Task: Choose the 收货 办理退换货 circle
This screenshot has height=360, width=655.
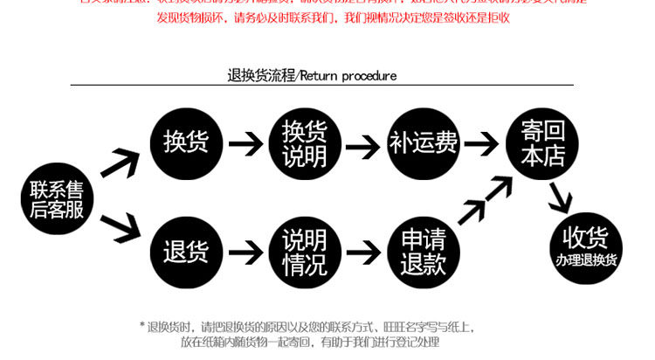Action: (x=585, y=246)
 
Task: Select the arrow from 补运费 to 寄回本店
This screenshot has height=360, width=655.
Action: (x=481, y=142)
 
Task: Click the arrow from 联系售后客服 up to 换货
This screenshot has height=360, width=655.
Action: (x=121, y=163)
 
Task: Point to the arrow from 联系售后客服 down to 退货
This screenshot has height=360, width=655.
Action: (x=121, y=229)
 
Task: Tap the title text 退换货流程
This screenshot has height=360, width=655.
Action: (x=261, y=75)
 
